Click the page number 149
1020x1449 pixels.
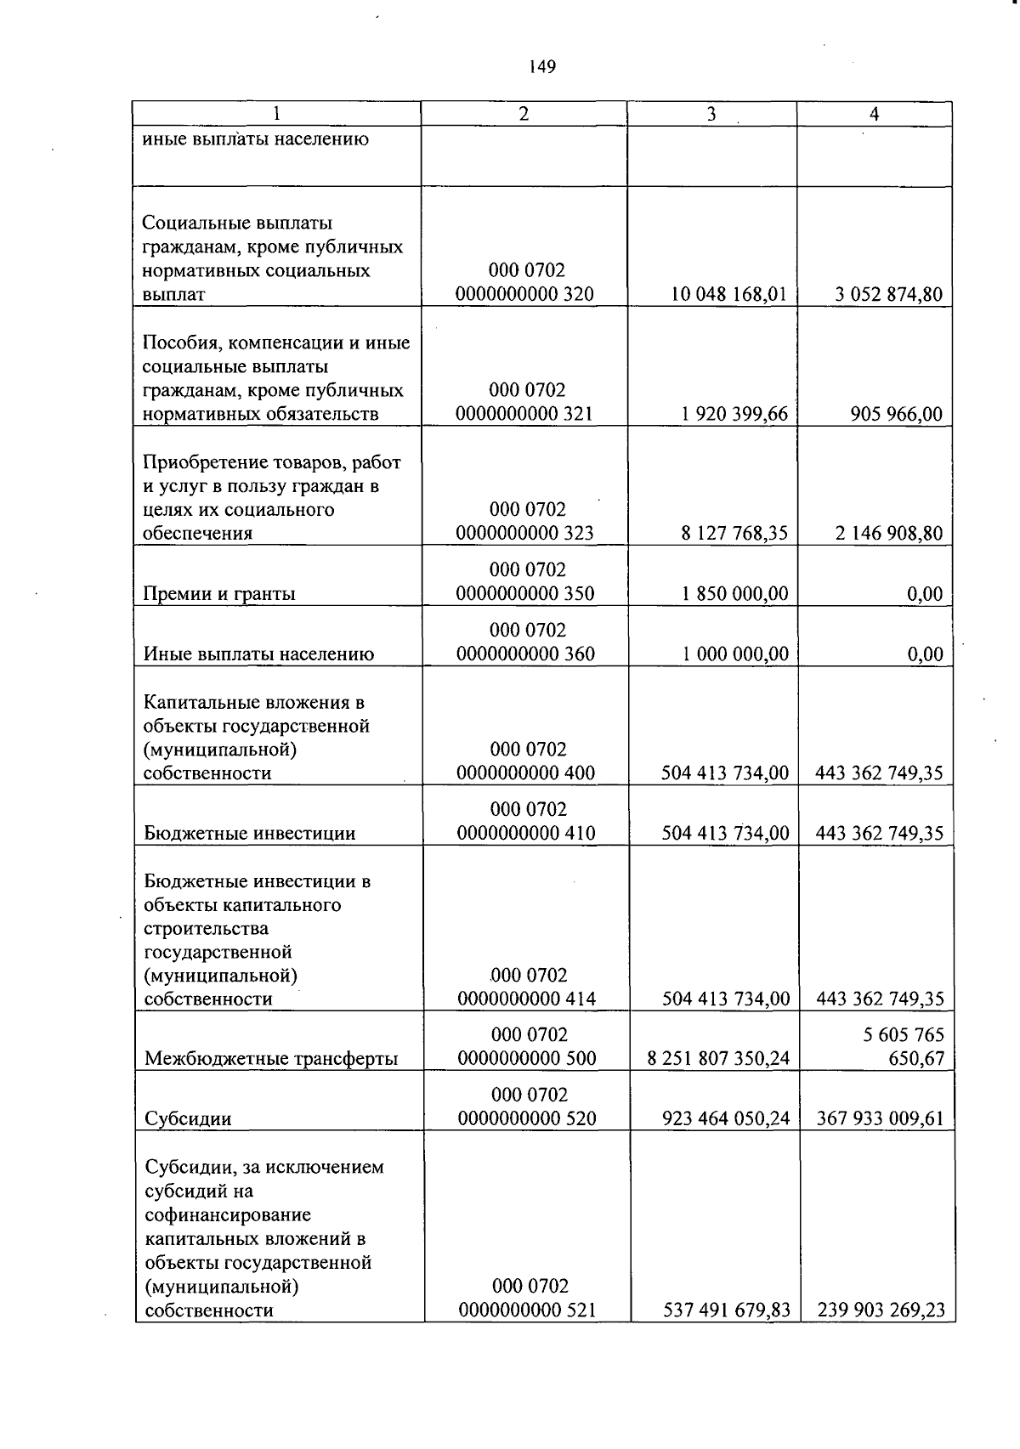coord(541,67)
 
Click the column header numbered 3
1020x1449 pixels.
coord(711,114)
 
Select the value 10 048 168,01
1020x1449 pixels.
coord(729,295)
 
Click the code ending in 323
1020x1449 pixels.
coord(524,522)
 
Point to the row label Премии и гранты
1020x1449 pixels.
coord(219,594)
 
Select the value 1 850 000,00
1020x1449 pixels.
coord(735,594)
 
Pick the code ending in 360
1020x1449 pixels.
coord(525,642)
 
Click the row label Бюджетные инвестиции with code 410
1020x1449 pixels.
coord(250,834)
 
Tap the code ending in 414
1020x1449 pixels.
coord(526,988)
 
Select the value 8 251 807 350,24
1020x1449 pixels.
coord(718,1059)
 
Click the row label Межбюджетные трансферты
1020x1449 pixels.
coord(271,1059)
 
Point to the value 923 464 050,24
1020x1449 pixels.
coord(726,1119)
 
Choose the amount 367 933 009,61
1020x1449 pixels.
coord(880,1119)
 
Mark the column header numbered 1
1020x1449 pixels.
coord(276,114)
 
